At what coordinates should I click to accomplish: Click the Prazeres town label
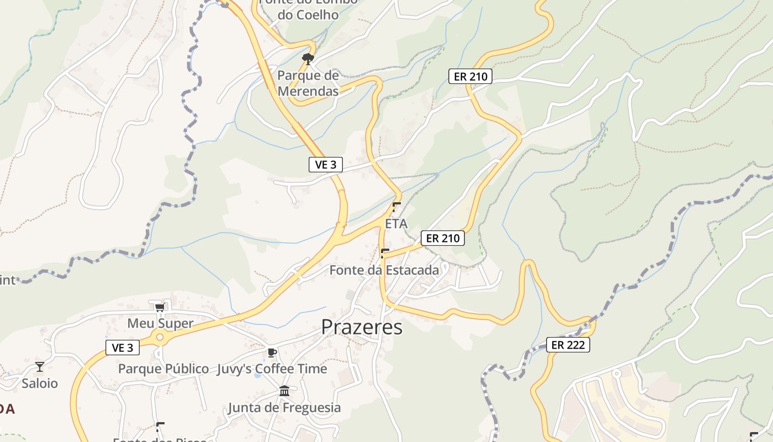tap(362, 327)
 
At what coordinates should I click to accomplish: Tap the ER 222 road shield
tap(568, 345)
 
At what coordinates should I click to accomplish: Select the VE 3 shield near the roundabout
tap(123, 348)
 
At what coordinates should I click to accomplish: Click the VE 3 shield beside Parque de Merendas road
tap(326, 164)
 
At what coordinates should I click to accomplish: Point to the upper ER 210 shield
tap(470, 76)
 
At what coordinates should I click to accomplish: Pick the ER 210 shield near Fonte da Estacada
tap(443, 238)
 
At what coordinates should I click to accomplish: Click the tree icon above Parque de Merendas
tap(308, 59)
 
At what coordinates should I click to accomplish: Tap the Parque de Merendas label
tap(308, 83)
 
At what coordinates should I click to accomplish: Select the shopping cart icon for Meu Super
tap(160, 307)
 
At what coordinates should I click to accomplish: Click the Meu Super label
tap(160, 323)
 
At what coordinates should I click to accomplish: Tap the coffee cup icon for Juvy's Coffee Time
tap(272, 352)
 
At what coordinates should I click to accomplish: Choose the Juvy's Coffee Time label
tap(272, 369)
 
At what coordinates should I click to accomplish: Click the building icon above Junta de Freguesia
tap(284, 391)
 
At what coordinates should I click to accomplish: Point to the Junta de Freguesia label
tap(284, 408)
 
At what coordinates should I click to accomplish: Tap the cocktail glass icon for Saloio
tap(39, 366)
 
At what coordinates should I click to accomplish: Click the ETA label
tap(396, 224)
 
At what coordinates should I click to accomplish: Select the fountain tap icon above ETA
tap(396, 207)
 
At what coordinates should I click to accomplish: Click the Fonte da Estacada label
tap(384, 270)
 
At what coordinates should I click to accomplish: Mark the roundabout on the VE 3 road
tap(160, 337)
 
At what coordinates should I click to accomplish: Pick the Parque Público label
tap(163, 369)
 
